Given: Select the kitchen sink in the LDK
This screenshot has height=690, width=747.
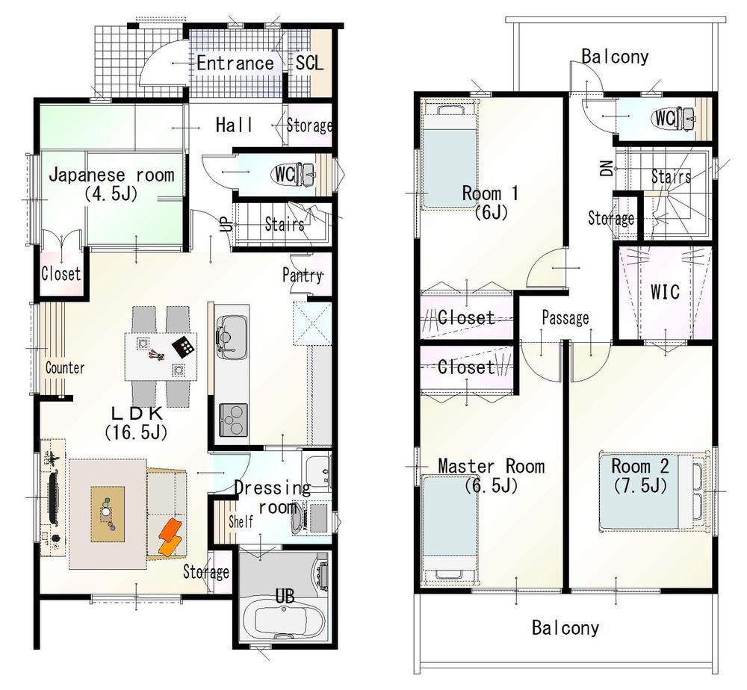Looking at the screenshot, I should pyautogui.click(x=232, y=332).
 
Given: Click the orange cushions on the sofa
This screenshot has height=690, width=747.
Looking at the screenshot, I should pyautogui.click(x=170, y=537).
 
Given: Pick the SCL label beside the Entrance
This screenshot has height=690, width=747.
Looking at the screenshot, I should pyautogui.click(x=310, y=63).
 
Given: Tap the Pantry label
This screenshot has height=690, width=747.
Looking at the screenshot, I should pyautogui.click(x=303, y=275).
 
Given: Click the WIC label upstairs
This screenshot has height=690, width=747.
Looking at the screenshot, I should pyautogui.click(x=665, y=290).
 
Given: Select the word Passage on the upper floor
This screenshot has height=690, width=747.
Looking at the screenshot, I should pyautogui.click(x=565, y=319).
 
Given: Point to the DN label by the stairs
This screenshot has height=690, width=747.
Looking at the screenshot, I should pyautogui.click(x=604, y=170).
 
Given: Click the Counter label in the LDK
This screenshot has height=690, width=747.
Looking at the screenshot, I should pyautogui.click(x=65, y=368).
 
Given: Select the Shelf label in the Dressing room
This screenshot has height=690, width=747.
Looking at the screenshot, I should pyautogui.click(x=241, y=521).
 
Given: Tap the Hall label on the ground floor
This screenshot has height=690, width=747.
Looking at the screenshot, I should pyautogui.click(x=234, y=125).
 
